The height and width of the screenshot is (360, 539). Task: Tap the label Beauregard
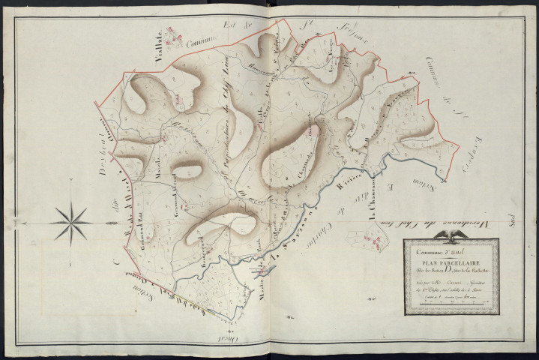pyautogui.click(x=202, y=241)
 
